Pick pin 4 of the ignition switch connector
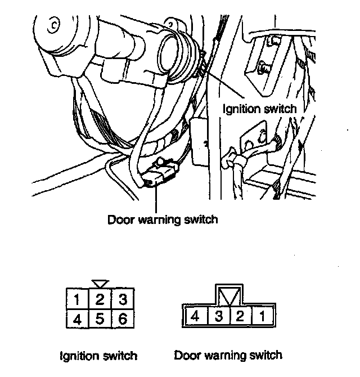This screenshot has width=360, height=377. pyautogui.click(x=78, y=318)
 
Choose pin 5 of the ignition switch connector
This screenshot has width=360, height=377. pyautogui.click(x=100, y=318)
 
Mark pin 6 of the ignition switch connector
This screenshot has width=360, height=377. pyautogui.click(x=123, y=318)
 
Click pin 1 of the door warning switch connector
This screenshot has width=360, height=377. pyautogui.click(x=262, y=316)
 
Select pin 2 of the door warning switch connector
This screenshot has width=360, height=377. pyautogui.click(x=241, y=316)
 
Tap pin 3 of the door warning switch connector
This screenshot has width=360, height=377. pyautogui.click(x=219, y=316)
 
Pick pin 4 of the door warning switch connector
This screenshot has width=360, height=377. pyautogui.click(x=197, y=316)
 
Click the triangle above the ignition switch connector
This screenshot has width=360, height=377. pyautogui.click(x=101, y=284)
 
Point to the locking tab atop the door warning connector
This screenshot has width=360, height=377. pyautogui.click(x=229, y=295)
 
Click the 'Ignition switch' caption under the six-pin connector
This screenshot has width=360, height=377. pyautogui.click(x=98, y=356)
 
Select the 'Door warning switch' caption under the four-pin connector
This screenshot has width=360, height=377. pyautogui.click(x=228, y=356)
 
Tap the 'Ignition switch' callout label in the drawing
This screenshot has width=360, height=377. pyautogui.click(x=259, y=109)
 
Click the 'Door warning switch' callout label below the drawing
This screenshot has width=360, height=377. pyautogui.click(x=163, y=220)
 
